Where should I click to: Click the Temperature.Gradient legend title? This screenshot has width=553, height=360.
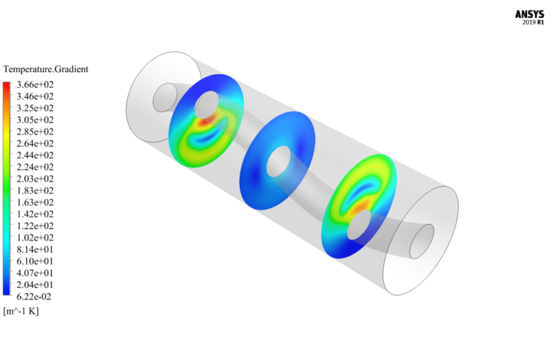coord(46,69)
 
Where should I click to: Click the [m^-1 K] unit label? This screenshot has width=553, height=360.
coord(21,311)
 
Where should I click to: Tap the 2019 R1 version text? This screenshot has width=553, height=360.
coord(533,22)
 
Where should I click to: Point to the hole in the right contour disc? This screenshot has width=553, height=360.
coord(356,229)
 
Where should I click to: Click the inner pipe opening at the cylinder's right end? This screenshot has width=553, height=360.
coord(421,242)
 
